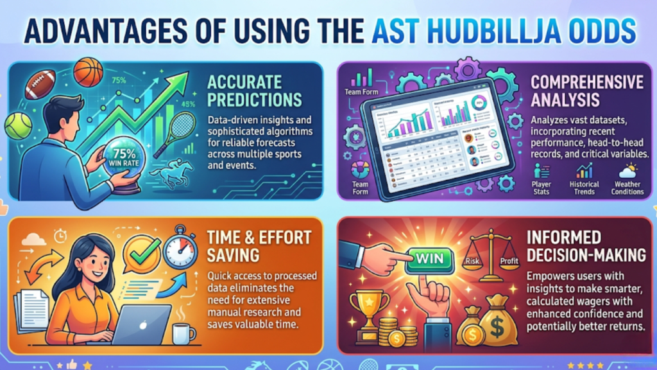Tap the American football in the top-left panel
click(x=40, y=84)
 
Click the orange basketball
click(x=88, y=71)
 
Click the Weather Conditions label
click(x=627, y=188)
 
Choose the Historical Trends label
click(x=584, y=188)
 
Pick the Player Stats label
click(x=541, y=188)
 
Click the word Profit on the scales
click(x=509, y=261)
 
